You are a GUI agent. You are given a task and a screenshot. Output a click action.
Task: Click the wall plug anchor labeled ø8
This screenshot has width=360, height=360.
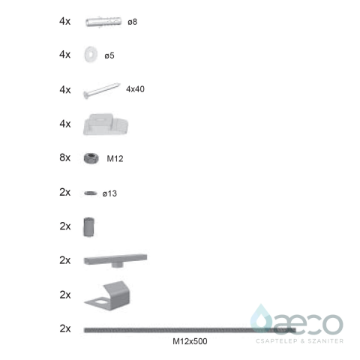tap(103, 22)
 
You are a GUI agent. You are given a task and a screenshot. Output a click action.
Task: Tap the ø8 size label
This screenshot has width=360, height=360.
tap(132, 22)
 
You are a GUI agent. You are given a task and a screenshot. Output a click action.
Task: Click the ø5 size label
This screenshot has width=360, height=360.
tap(109, 55)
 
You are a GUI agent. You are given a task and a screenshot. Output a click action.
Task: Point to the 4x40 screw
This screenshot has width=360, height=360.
tap(101, 91)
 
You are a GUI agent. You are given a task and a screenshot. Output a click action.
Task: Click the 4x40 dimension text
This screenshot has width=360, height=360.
tap(135, 89)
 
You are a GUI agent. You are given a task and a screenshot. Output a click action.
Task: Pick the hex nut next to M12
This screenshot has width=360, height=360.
tap(91, 158)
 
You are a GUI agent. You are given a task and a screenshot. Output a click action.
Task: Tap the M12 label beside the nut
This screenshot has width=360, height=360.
tap(115, 158)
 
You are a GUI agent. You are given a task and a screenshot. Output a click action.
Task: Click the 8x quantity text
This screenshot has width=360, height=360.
tap(65, 157)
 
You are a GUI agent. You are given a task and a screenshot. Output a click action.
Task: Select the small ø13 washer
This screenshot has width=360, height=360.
tap(91, 193)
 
